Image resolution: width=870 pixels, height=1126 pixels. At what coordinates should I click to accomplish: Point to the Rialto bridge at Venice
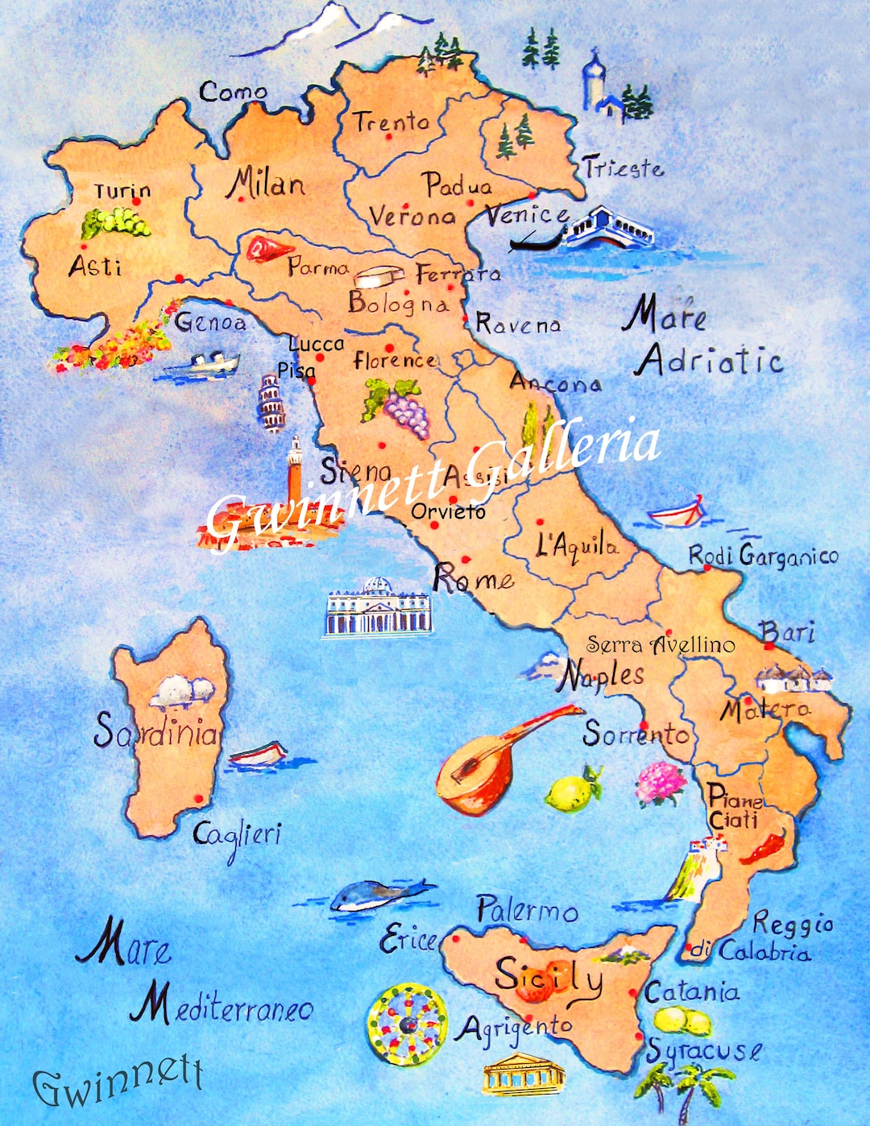(610, 227)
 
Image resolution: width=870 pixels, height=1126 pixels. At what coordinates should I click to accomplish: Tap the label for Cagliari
(237, 835)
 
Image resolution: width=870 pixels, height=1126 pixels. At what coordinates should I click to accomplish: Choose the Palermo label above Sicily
(527, 910)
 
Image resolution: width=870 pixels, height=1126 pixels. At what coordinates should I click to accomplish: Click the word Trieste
(623, 168)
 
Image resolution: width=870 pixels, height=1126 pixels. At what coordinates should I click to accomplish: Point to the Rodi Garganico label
(762, 555)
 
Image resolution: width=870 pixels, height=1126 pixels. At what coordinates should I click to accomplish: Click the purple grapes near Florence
(405, 411)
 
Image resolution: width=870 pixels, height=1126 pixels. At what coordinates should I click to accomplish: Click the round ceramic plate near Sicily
(407, 1024)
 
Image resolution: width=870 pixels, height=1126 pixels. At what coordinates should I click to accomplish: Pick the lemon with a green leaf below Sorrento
(572, 791)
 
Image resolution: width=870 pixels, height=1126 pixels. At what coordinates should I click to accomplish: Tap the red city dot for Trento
(388, 137)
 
